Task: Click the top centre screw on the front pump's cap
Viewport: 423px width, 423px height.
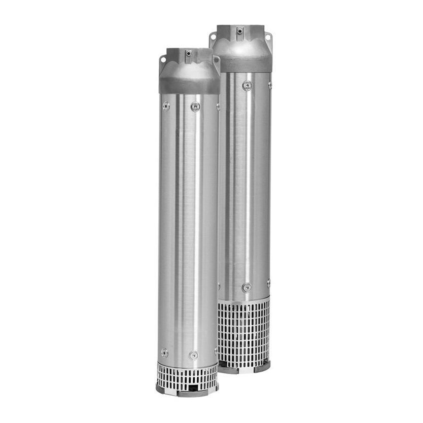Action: point(188,53)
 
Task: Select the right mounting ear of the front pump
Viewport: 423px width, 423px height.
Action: point(217,59)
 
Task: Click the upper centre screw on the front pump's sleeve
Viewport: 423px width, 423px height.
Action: point(195,107)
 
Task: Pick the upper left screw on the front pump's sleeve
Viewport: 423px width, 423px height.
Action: point(166,106)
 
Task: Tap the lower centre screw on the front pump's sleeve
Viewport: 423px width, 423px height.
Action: point(193,355)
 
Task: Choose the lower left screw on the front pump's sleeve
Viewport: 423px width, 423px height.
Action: point(164,352)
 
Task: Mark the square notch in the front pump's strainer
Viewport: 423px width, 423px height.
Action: point(194,388)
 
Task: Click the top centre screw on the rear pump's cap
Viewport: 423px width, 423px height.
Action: point(239,30)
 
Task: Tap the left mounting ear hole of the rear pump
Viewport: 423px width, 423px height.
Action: point(214,37)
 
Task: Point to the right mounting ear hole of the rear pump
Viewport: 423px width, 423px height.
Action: point(268,36)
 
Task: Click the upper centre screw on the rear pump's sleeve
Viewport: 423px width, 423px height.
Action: point(247,85)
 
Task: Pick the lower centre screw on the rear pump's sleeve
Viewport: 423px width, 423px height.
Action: point(246,288)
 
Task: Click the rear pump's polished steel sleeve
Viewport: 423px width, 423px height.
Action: point(246,183)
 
